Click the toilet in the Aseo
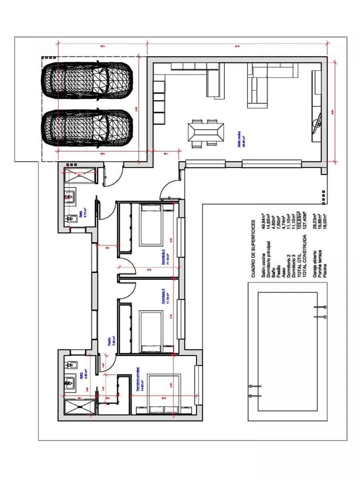point(72,219)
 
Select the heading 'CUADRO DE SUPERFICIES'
point(253,248)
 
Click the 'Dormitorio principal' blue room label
point(138,378)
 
